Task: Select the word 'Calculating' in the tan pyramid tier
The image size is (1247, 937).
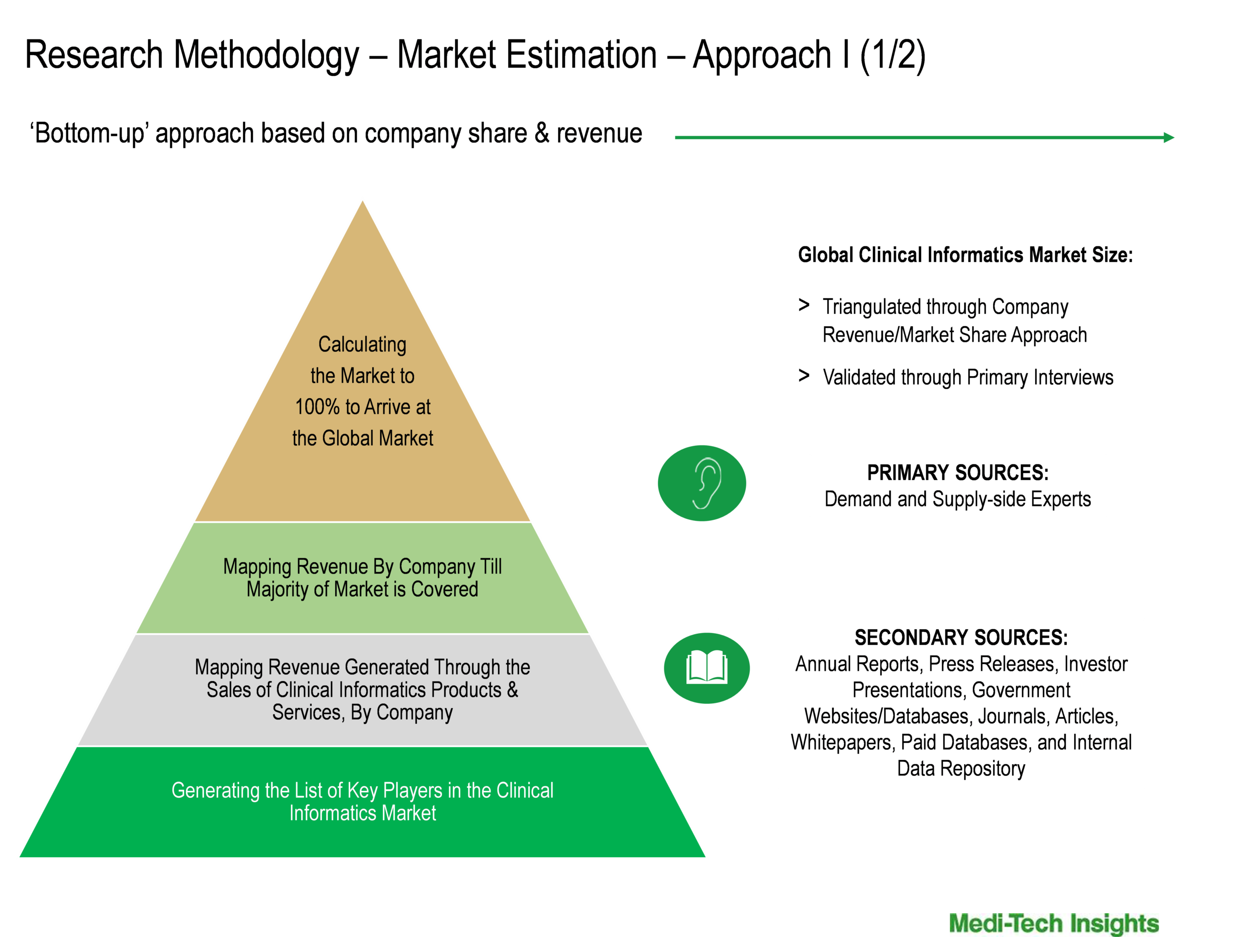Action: (362, 344)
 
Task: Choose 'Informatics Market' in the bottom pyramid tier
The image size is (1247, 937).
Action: (362, 813)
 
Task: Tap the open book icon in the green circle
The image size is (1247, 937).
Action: (706, 668)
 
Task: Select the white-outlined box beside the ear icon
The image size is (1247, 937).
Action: (957, 485)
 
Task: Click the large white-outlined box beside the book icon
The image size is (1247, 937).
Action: (961, 703)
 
